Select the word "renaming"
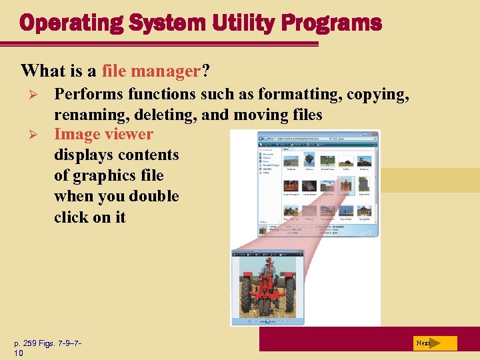point(88,115)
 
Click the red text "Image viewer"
point(103,134)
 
